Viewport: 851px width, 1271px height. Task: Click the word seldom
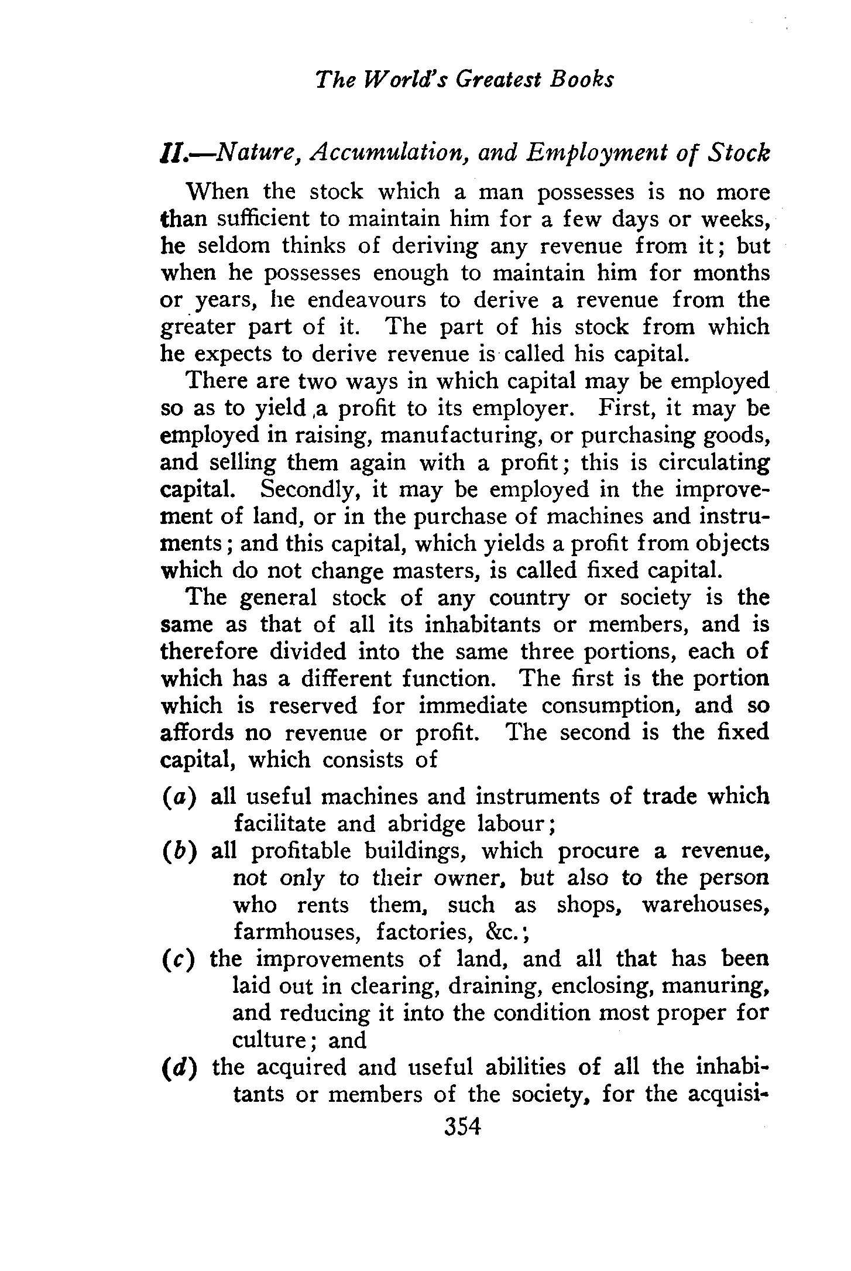click(234, 246)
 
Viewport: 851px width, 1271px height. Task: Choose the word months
click(732, 273)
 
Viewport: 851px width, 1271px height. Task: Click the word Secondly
click(309, 489)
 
